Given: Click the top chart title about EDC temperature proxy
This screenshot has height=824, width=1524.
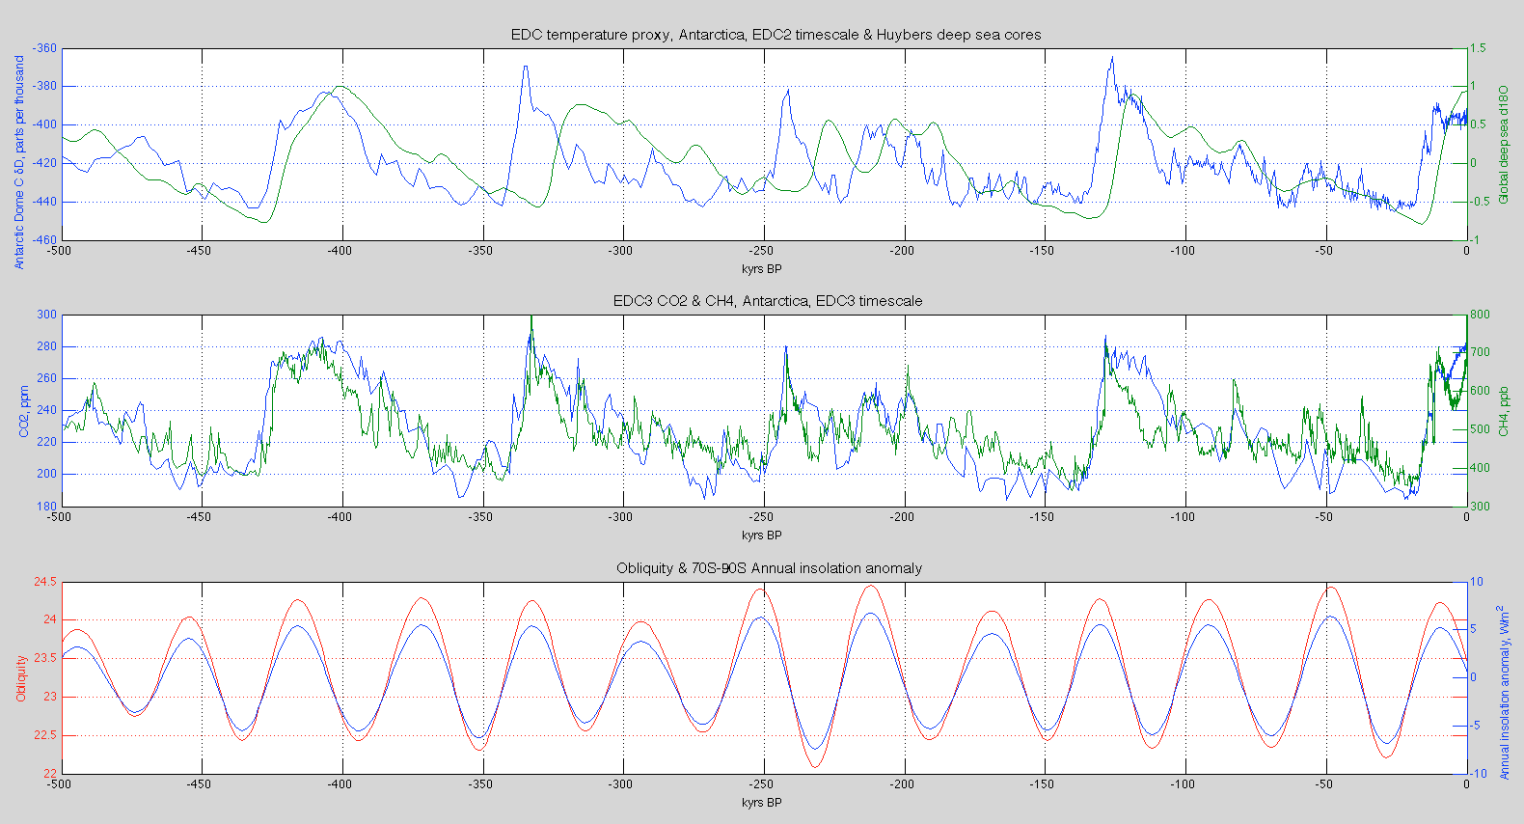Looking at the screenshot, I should tap(776, 35).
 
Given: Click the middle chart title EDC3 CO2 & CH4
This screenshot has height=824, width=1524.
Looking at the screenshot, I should tap(768, 301).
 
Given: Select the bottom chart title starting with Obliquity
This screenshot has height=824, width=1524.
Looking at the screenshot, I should tap(769, 568).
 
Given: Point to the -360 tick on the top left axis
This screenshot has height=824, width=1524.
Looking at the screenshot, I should tap(44, 48).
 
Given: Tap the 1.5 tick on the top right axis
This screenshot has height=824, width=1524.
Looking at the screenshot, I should tap(1478, 48).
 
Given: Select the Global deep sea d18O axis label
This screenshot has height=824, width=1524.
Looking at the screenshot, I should tap(1503, 145).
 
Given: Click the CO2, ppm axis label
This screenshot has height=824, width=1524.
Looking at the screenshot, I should tap(25, 411).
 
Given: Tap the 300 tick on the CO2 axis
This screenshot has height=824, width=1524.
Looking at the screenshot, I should tap(46, 315).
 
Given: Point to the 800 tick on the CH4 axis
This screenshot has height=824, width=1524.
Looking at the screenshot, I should tap(1480, 315).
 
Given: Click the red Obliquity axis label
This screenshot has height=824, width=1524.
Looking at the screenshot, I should tap(21, 677).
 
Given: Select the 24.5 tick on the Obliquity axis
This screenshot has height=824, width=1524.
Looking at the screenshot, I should tap(44, 582).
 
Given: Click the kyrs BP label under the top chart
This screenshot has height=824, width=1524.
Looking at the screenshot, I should tap(761, 268).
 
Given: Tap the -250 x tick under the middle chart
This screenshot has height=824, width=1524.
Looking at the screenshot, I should tap(761, 517).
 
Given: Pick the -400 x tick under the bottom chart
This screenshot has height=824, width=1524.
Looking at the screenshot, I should tap(340, 784).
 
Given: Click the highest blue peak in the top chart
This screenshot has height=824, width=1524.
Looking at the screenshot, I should tap(1112, 57).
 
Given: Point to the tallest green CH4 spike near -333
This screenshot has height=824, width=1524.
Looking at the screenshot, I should tap(531, 317).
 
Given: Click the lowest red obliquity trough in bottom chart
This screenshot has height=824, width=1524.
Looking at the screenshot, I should tap(816, 767).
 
